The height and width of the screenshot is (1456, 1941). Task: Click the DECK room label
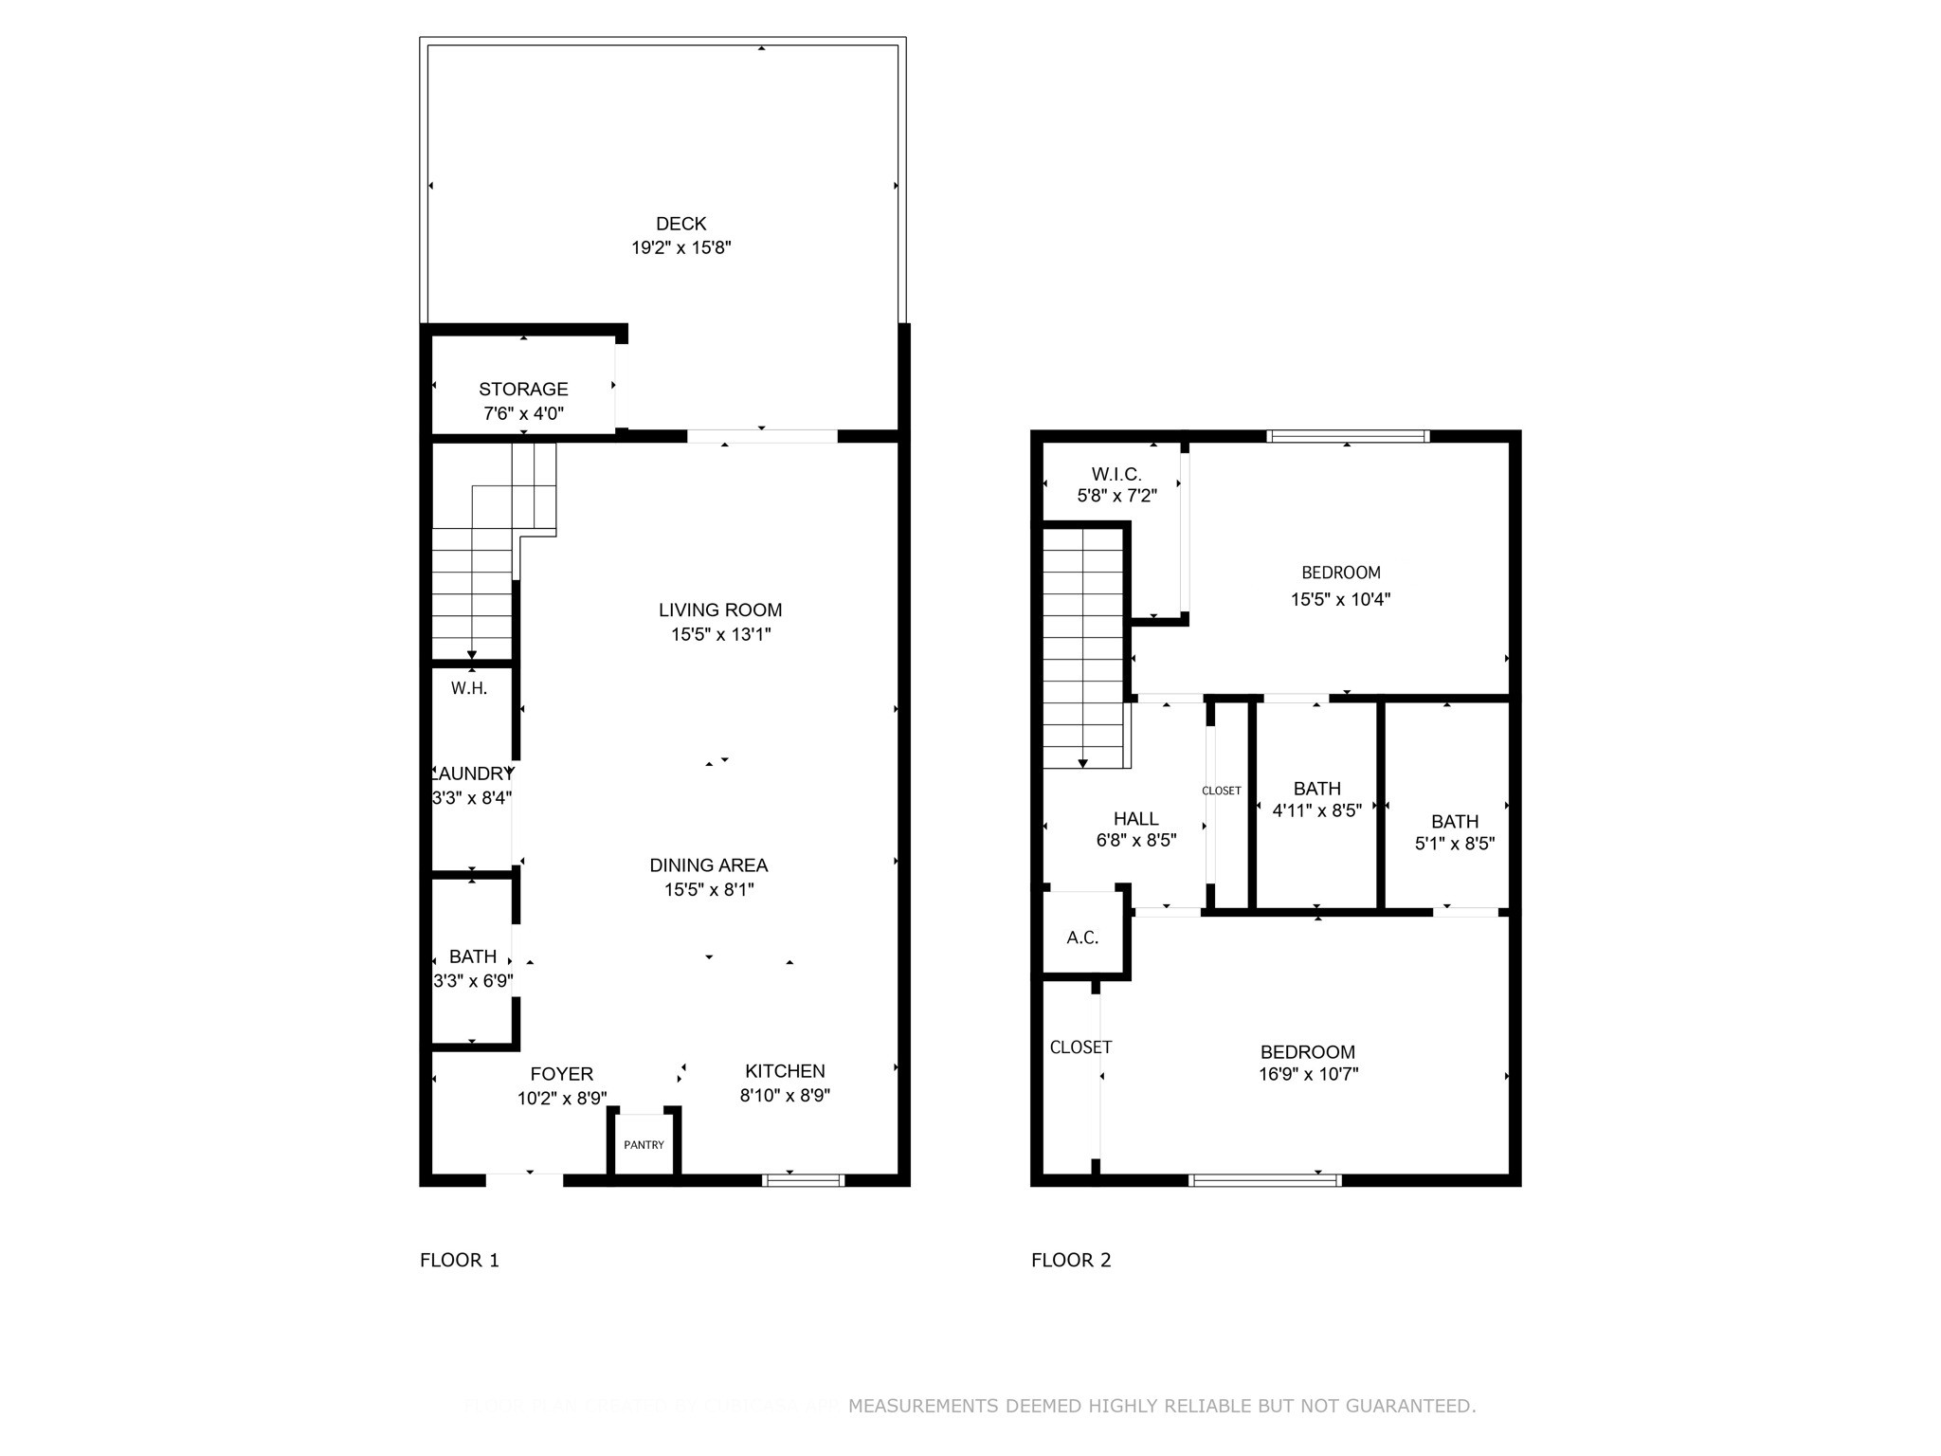point(680,224)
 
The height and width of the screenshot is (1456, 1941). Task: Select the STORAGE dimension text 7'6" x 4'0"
point(523,413)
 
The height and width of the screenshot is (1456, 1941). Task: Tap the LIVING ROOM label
point(720,610)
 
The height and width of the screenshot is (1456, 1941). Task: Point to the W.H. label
point(469,688)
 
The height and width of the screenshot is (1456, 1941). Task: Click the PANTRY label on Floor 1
point(644,1145)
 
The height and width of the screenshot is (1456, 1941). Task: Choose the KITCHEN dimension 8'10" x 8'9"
point(785,1096)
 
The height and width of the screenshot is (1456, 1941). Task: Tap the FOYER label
point(561,1074)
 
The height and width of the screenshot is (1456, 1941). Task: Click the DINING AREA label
point(708,864)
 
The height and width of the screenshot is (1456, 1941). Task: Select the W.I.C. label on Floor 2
point(1116,474)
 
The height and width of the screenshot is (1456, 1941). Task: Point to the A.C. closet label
point(1082,937)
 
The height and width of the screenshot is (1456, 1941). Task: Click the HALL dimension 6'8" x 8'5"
point(1135,840)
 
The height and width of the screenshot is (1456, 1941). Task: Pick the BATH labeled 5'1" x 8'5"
point(1455,822)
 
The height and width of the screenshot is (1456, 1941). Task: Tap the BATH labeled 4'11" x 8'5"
point(1316,789)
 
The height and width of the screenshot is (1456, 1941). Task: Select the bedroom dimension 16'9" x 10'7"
point(1308,1074)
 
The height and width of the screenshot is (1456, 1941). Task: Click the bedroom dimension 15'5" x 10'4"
point(1340,599)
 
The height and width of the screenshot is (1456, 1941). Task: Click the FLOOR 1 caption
point(460,1260)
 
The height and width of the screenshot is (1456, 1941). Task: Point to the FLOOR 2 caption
point(1071,1260)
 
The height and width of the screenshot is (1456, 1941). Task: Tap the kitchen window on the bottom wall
point(803,1180)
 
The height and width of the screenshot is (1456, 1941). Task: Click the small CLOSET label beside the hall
point(1221,791)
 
